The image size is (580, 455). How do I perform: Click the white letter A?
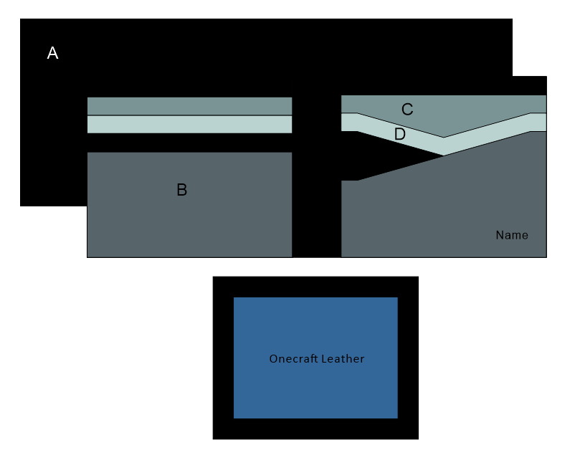[52, 53]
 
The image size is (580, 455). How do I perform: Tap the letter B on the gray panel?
[182, 190]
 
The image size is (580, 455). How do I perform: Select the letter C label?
[407, 110]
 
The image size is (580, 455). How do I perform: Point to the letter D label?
[400, 134]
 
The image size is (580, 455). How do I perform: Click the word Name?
[512, 235]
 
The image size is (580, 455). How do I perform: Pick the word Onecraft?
[294, 359]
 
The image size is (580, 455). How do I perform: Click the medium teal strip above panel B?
[189, 106]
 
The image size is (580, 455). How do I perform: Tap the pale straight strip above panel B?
[189, 124]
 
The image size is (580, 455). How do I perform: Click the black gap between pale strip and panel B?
[189, 143]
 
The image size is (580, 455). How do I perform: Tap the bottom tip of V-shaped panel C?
[443, 135]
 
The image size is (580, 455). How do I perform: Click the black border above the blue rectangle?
[315, 287]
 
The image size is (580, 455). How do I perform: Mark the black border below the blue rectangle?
[315, 428]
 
